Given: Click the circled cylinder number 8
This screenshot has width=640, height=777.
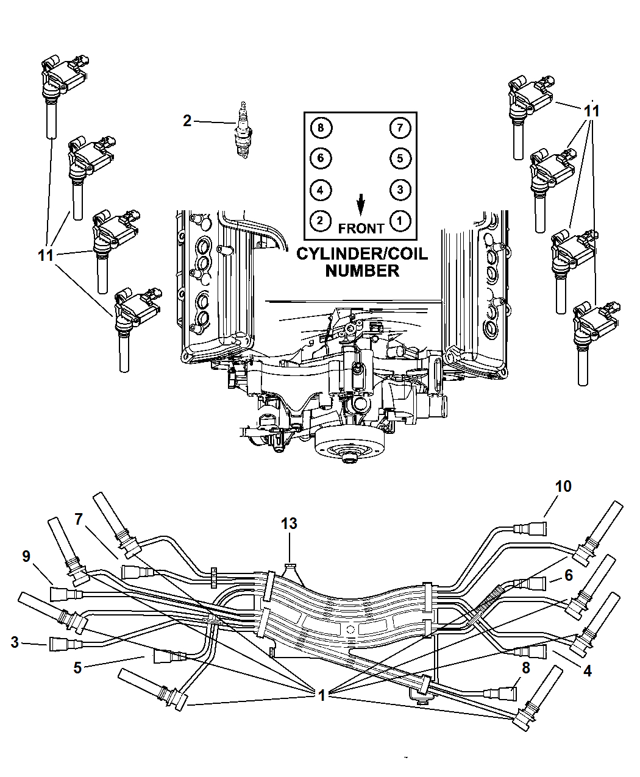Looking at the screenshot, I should tap(321, 127).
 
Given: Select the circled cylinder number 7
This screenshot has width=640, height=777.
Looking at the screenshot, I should tap(400, 127).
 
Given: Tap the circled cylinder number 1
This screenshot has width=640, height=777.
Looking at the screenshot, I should tap(400, 220).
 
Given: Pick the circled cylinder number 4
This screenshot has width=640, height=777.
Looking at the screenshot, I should tap(321, 190).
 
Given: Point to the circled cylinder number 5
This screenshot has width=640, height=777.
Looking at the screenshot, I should tap(400, 158).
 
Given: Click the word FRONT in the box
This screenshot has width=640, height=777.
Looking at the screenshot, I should tap(361, 229).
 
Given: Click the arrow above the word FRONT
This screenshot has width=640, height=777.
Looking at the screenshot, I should tap(361, 205).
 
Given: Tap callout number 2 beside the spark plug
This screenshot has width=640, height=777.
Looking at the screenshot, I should tap(187, 121).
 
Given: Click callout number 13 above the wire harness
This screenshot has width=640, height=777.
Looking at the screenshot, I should tap(289, 523).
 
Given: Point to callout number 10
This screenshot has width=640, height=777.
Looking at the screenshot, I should tap(563, 486).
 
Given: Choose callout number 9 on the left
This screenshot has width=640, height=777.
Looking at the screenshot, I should tap(26, 556).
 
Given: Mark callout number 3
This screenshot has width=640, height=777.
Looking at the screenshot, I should tap(15, 642).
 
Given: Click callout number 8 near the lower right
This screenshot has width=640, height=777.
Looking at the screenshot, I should tap(525, 667).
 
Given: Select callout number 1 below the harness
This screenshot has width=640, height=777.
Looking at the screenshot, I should tap(321, 694).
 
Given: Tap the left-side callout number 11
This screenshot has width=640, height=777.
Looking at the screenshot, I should tap(46, 255).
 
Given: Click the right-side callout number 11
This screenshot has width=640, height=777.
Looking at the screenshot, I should tap(591, 111).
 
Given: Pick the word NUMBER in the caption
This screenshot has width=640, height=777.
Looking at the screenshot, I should tap(361, 271).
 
